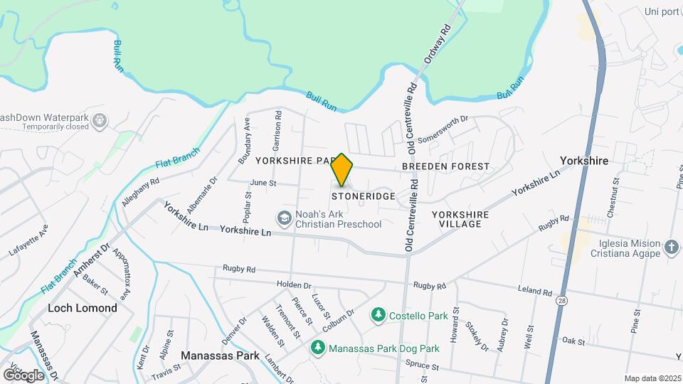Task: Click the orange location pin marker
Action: click(x=342, y=169)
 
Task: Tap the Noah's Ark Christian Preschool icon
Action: click(x=285, y=218)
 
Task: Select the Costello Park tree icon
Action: click(x=378, y=314)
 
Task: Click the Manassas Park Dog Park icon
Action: click(x=318, y=348)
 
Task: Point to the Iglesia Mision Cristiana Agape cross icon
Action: click(x=670, y=249)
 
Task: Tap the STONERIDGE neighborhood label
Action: click(x=363, y=196)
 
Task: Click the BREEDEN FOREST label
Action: click(x=445, y=166)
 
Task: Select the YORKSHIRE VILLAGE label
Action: click(x=460, y=219)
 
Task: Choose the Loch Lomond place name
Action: click(x=82, y=308)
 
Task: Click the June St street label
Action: click(x=263, y=183)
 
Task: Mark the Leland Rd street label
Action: click(x=536, y=292)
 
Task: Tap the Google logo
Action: click(x=23, y=375)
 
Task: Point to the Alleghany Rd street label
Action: click(x=140, y=192)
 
